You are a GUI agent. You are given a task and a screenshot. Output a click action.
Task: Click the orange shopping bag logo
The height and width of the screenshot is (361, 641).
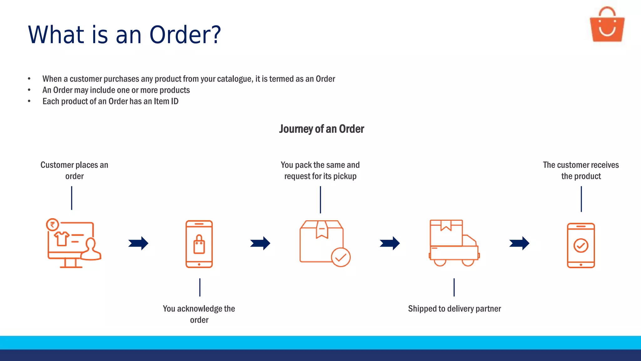(x=607, y=26)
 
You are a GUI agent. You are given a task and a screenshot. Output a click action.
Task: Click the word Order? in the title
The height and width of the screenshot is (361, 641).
(x=185, y=34)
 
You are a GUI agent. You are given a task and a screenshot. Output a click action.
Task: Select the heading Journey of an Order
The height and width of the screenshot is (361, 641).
(x=321, y=129)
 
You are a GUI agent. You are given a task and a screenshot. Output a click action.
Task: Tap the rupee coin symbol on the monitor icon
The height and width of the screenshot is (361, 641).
(x=53, y=224)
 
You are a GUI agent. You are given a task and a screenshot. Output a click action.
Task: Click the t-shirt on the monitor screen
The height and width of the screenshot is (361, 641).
(x=61, y=239)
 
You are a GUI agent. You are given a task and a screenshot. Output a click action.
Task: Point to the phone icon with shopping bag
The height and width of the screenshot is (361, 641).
(x=199, y=244)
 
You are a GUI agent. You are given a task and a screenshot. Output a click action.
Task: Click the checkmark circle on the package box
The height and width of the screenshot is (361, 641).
(x=341, y=257)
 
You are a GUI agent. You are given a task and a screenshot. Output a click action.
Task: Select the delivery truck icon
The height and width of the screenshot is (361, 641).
(x=454, y=243)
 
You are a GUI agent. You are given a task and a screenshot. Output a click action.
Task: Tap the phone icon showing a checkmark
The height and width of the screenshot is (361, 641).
(x=581, y=245)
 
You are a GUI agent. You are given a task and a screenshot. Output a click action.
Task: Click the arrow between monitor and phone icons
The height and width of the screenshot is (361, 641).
(x=138, y=243)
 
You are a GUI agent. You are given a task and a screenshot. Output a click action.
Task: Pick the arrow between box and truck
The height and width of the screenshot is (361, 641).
(x=390, y=243)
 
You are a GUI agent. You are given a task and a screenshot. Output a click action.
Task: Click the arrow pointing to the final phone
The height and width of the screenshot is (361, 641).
(x=519, y=243)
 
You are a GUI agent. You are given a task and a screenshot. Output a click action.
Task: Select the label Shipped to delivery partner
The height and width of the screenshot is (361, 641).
(x=454, y=309)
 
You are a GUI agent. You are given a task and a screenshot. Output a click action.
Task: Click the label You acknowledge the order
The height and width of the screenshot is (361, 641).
(x=199, y=314)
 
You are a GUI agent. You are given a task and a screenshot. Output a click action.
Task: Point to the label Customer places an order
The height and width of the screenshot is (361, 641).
(x=74, y=170)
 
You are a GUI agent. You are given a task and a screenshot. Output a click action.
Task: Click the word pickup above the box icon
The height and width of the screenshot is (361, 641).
(x=345, y=176)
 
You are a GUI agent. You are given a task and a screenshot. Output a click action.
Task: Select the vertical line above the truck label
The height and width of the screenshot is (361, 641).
(x=454, y=287)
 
